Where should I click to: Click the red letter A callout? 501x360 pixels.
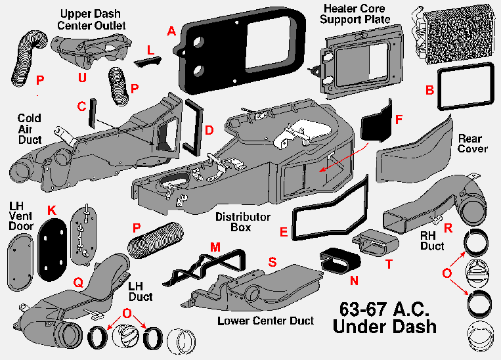[x=171, y=31]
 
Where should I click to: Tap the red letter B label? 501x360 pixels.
[x=429, y=91]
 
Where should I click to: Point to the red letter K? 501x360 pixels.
[x=53, y=210]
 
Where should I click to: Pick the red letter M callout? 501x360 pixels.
[x=215, y=246]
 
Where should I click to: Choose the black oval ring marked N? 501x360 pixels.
[x=339, y=263]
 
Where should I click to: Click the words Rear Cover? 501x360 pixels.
[x=472, y=143]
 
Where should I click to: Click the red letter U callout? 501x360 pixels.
[x=81, y=78]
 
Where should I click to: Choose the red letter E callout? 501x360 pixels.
[x=284, y=231]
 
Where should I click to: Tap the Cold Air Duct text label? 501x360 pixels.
[x=30, y=129]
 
